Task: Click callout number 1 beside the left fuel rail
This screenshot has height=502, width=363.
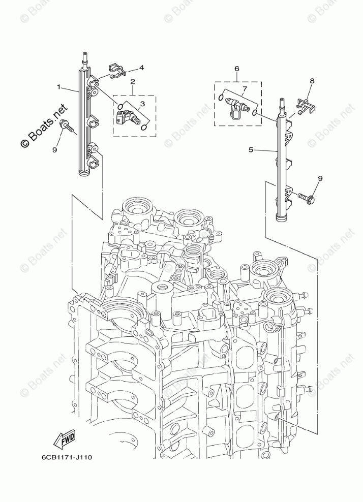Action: point(59,87)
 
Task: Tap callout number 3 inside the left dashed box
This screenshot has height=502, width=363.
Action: point(142,104)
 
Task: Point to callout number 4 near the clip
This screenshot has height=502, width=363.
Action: point(141,67)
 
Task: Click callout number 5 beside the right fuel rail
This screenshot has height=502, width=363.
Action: point(251,150)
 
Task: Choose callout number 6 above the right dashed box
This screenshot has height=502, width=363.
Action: point(236,68)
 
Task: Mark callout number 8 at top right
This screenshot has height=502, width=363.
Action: point(312,81)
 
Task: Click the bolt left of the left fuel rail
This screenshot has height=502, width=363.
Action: point(68,126)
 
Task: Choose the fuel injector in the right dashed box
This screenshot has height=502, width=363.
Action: point(237,106)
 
